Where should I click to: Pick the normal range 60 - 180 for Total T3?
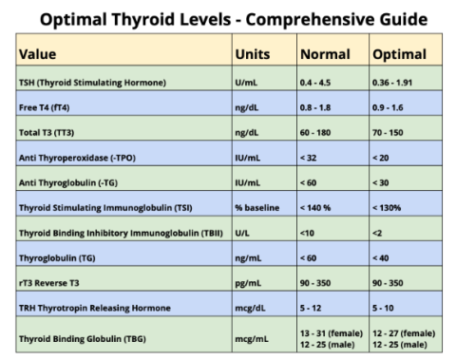click(x=318, y=131)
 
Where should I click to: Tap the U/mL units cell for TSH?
click(x=249, y=84)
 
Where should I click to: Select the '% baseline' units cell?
click(x=258, y=206)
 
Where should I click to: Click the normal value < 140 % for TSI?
click(x=319, y=206)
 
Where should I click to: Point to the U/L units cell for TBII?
click(x=245, y=232)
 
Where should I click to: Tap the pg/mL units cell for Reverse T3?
click(x=250, y=281)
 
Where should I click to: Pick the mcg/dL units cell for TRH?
click(x=252, y=306)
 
